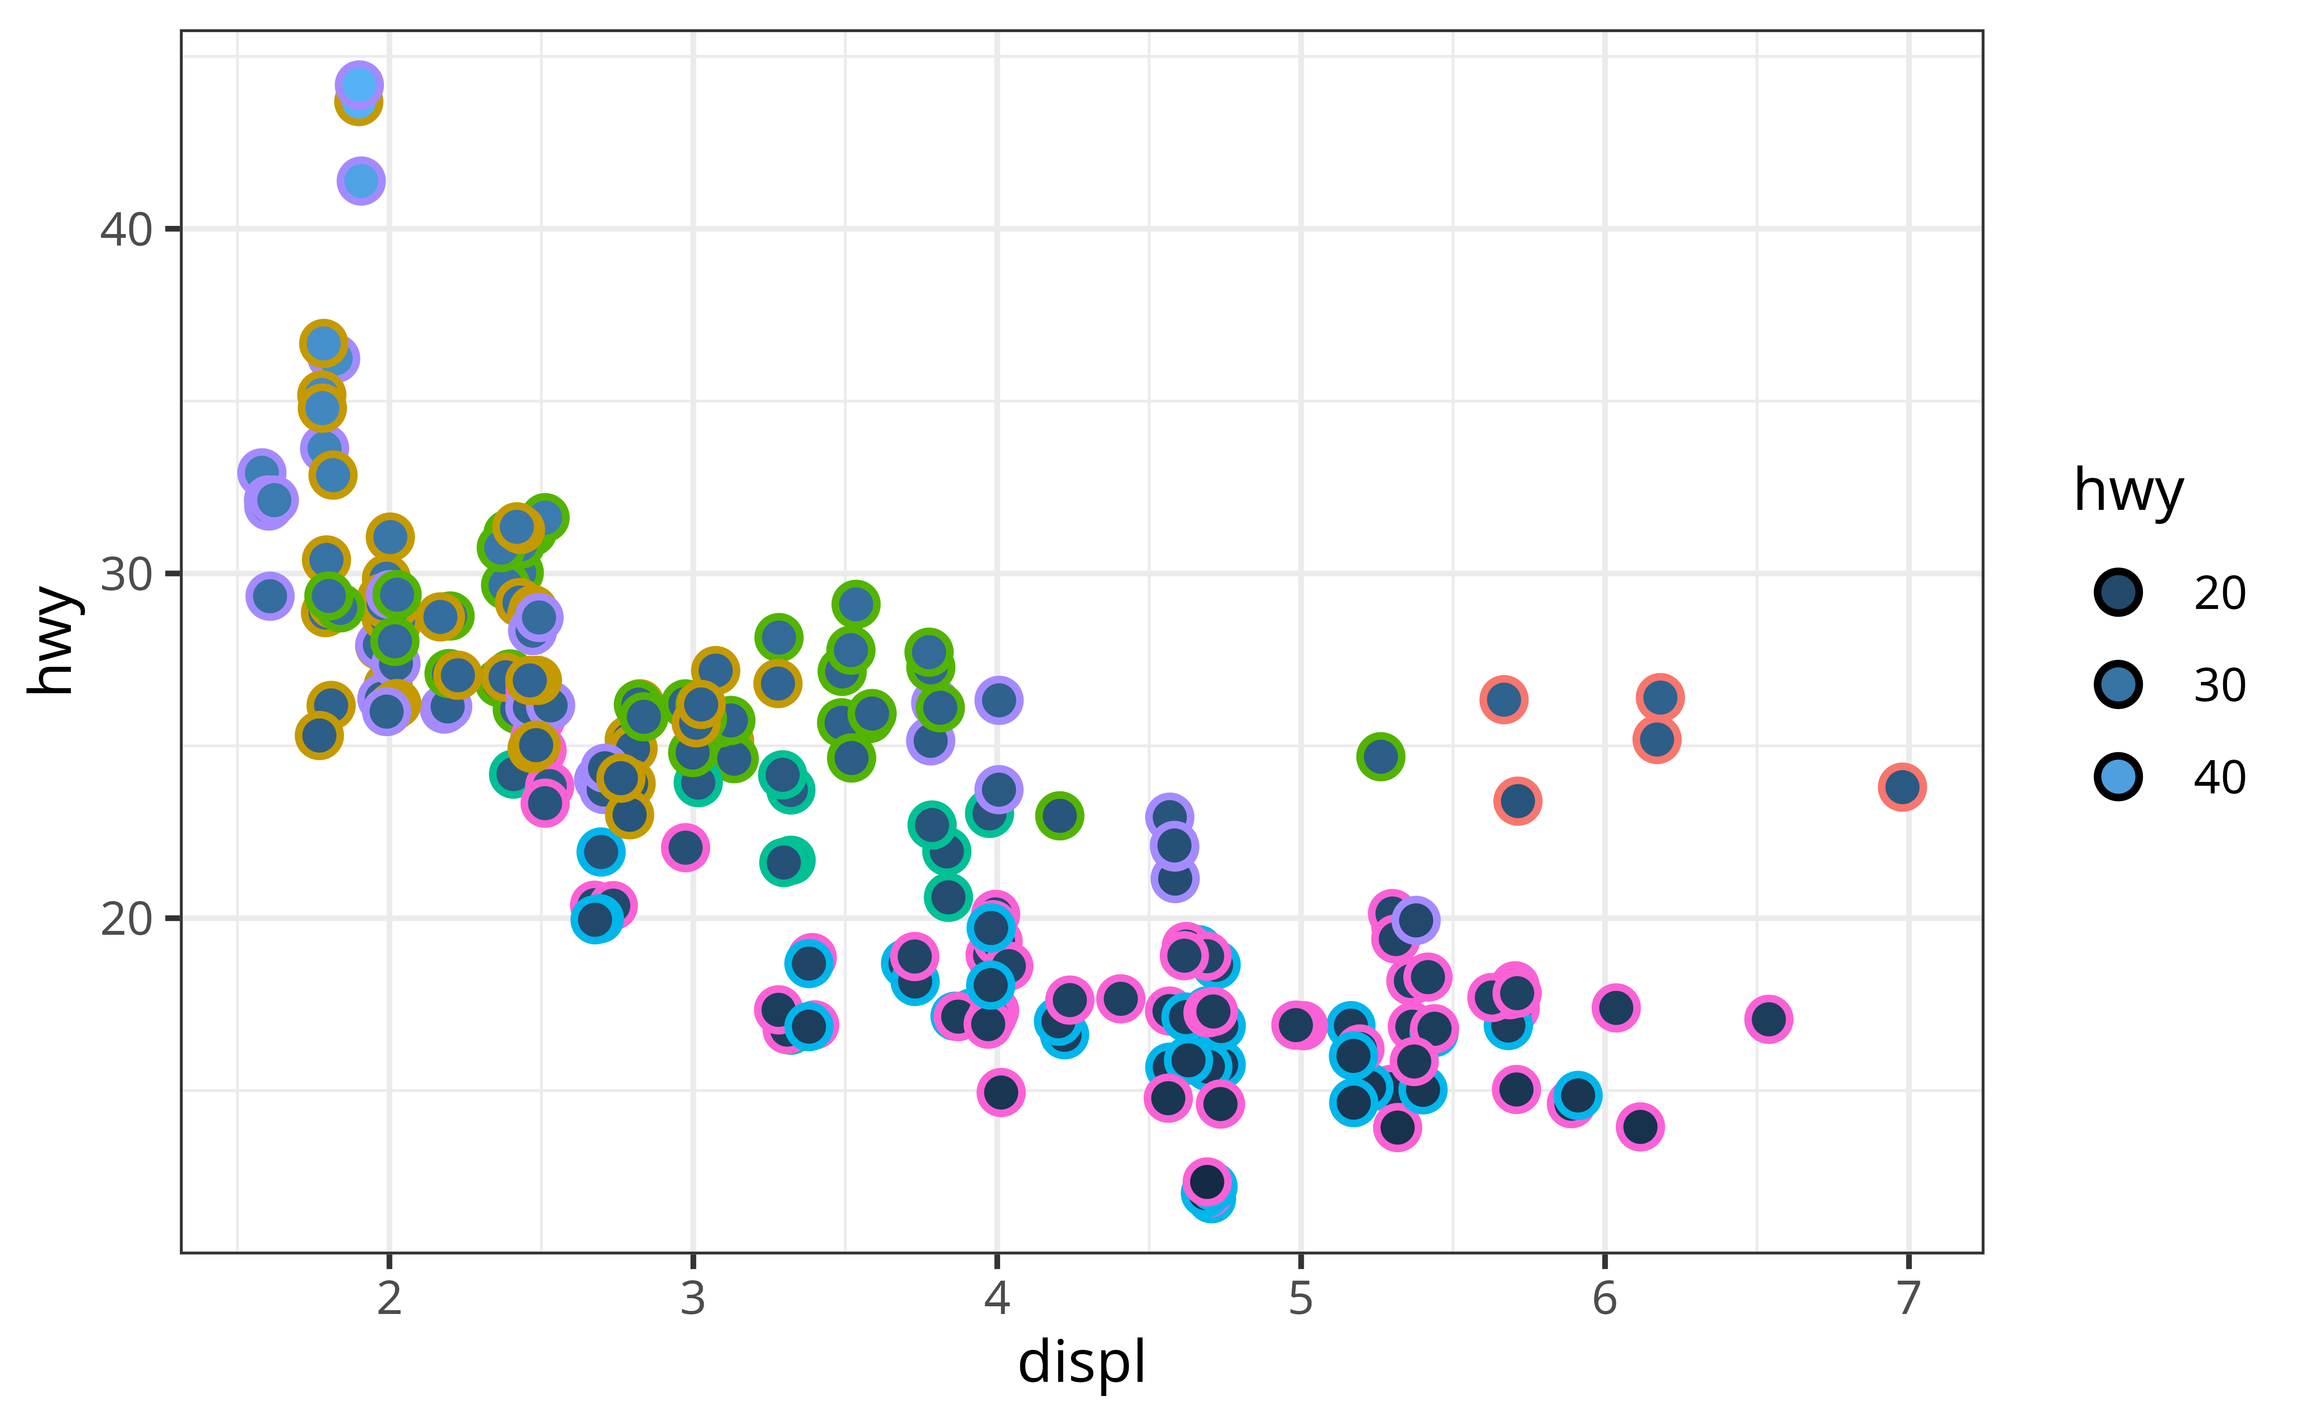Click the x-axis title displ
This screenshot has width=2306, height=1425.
click(x=1082, y=1363)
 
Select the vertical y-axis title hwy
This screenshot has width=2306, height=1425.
click(x=52, y=641)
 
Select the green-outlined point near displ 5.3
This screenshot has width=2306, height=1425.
click(x=1381, y=756)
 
